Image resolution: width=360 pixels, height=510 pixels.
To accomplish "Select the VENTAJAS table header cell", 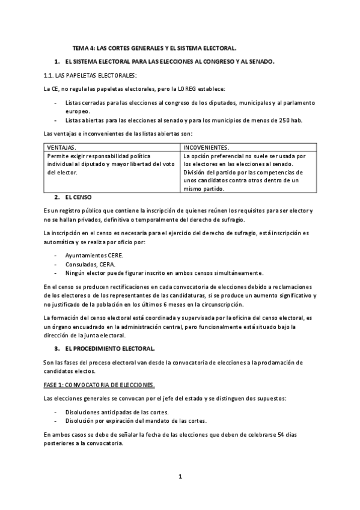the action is point(61,147).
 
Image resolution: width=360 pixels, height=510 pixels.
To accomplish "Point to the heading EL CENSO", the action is point(79,197).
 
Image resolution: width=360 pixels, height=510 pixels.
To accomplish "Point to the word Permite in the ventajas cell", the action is point(57,155).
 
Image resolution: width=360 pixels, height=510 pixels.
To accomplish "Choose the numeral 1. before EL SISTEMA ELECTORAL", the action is point(56,61).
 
